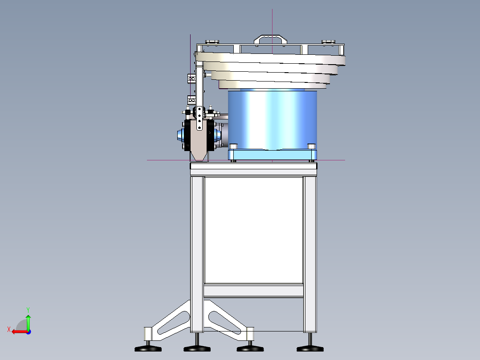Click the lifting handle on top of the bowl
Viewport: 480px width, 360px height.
270,37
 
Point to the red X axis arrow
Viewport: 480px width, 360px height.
18,331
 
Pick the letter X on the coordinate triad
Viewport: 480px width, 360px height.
8,329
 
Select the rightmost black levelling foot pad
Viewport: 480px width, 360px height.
310,348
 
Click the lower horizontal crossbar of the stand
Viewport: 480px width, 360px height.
253,291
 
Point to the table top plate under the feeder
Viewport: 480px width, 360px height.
253,168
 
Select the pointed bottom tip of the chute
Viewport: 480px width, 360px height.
199,157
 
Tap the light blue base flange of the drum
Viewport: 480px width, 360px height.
273,155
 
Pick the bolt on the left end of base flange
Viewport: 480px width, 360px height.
234,146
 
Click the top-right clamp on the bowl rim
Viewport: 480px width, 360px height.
328,42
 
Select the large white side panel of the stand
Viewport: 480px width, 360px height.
253,229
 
